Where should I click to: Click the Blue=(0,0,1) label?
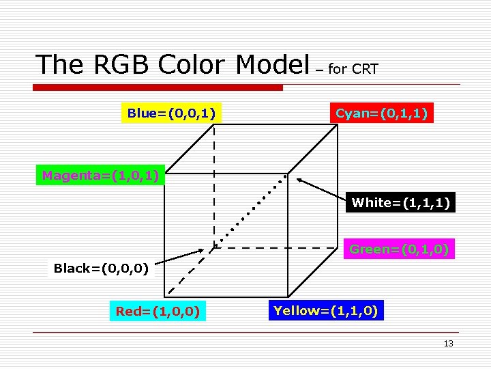click(x=172, y=113)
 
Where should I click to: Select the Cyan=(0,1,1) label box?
click(x=382, y=113)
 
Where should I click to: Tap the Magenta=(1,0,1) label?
click(x=100, y=176)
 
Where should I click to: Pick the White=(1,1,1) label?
click(x=400, y=203)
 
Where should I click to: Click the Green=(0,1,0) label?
click(x=399, y=250)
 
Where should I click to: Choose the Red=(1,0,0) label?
click(x=158, y=312)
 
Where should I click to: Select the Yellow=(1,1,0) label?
click(x=326, y=311)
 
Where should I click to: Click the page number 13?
click(x=448, y=344)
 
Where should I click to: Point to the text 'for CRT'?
click(x=353, y=69)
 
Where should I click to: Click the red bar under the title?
click(x=159, y=87)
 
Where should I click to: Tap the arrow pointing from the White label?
click(x=321, y=190)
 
